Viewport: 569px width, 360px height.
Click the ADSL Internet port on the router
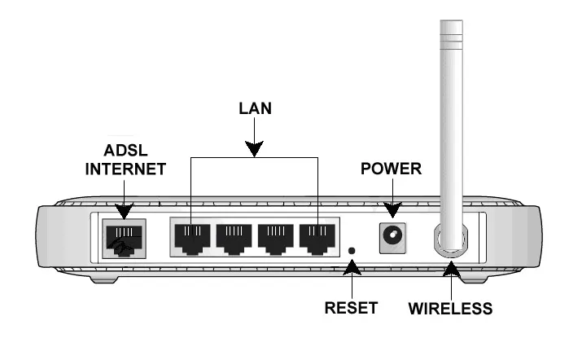coord(120,236)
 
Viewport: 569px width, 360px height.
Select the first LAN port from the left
coord(191,235)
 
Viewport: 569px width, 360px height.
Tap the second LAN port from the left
coord(234,235)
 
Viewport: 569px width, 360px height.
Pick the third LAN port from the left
coord(276,235)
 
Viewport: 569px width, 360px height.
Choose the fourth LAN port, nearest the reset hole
coord(317,235)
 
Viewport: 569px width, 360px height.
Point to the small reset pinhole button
coord(352,251)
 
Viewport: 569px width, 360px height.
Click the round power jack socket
coord(393,236)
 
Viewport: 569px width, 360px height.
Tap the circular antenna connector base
coord(450,239)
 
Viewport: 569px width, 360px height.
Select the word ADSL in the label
coord(120,152)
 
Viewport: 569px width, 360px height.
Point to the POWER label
coord(391,169)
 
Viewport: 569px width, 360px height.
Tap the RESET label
coord(352,308)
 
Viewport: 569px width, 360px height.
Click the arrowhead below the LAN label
coord(255,148)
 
